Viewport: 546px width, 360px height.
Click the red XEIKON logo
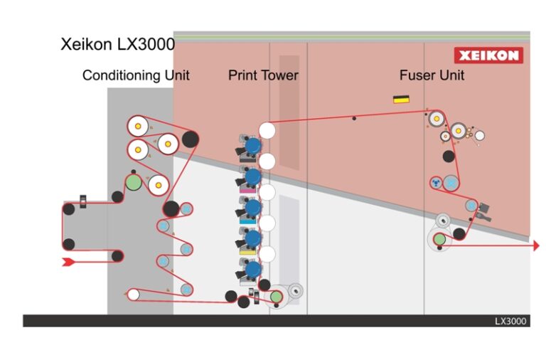488,55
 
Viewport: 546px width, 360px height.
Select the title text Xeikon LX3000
117,45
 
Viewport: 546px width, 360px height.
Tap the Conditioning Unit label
136,75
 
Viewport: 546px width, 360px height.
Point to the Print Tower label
263,75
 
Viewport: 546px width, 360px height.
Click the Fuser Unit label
432,75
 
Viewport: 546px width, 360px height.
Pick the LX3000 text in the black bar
510,321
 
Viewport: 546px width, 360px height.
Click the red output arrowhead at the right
535,245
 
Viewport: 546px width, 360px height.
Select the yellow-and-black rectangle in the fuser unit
401,99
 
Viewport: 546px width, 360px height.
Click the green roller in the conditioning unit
133,182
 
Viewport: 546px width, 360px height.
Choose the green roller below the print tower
275,296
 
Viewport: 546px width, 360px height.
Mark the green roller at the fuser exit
439,239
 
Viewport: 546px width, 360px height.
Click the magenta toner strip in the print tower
247,191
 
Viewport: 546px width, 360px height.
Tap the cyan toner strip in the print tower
247,221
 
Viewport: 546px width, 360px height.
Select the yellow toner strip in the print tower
247,252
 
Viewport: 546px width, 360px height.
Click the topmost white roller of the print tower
267,130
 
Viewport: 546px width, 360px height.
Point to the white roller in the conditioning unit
133,294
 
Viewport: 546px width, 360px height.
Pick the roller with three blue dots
435,183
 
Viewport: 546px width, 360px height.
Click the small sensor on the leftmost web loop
83,201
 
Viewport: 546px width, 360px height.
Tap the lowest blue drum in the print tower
252,269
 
